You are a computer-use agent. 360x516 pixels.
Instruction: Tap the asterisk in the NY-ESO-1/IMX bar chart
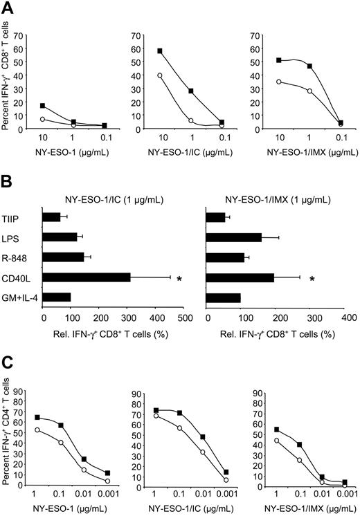click(x=312, y=279)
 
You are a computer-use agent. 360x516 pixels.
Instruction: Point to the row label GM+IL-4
click(x=20, y=297)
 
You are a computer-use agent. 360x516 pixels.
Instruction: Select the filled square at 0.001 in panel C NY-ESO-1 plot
click(x=108, y=473)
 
